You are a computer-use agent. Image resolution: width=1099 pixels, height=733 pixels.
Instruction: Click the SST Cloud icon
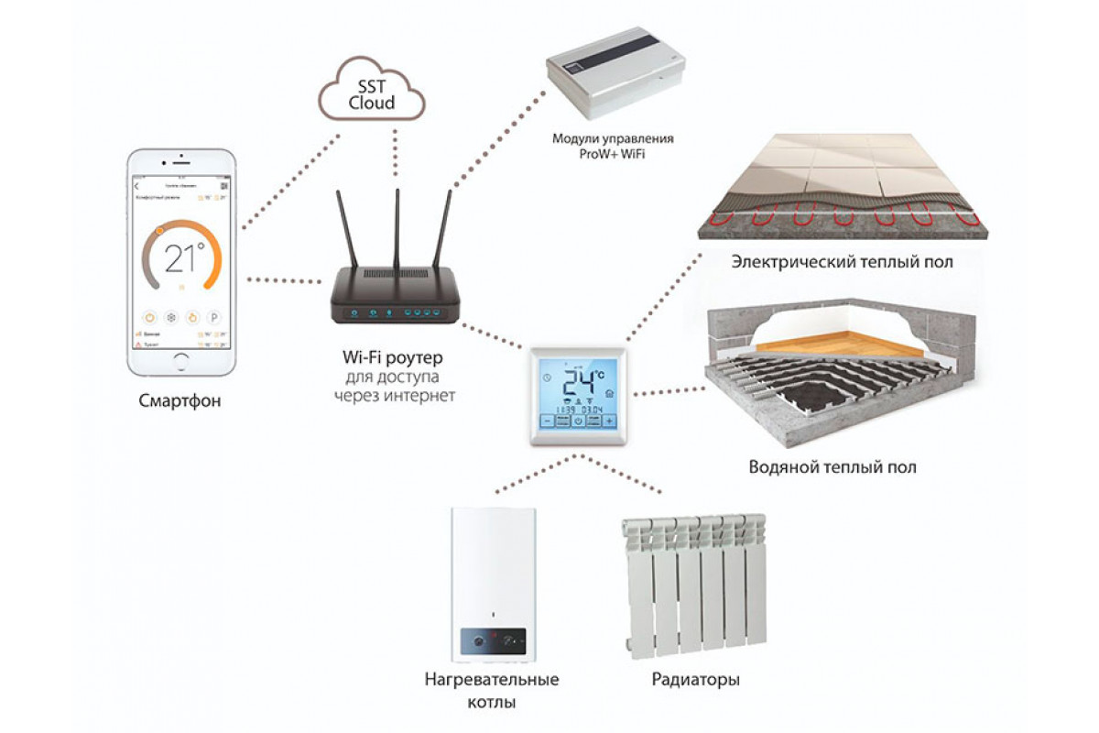coord(371,92)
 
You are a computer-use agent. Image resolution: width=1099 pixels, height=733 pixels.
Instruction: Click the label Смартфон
coord(180,401)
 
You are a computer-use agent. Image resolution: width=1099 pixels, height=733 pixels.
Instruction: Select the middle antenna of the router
coord(397,229)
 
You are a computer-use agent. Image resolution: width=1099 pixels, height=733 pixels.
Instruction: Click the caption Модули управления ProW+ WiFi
coord(613,147)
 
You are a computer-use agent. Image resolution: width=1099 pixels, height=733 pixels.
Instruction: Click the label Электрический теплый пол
coord(842,262)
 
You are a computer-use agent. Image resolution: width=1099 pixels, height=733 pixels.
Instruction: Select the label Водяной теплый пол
coord(831,467)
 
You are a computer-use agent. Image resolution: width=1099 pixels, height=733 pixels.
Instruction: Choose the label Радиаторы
coord(696,680)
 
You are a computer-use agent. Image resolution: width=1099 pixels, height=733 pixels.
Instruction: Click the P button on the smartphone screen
coord(214,317)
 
